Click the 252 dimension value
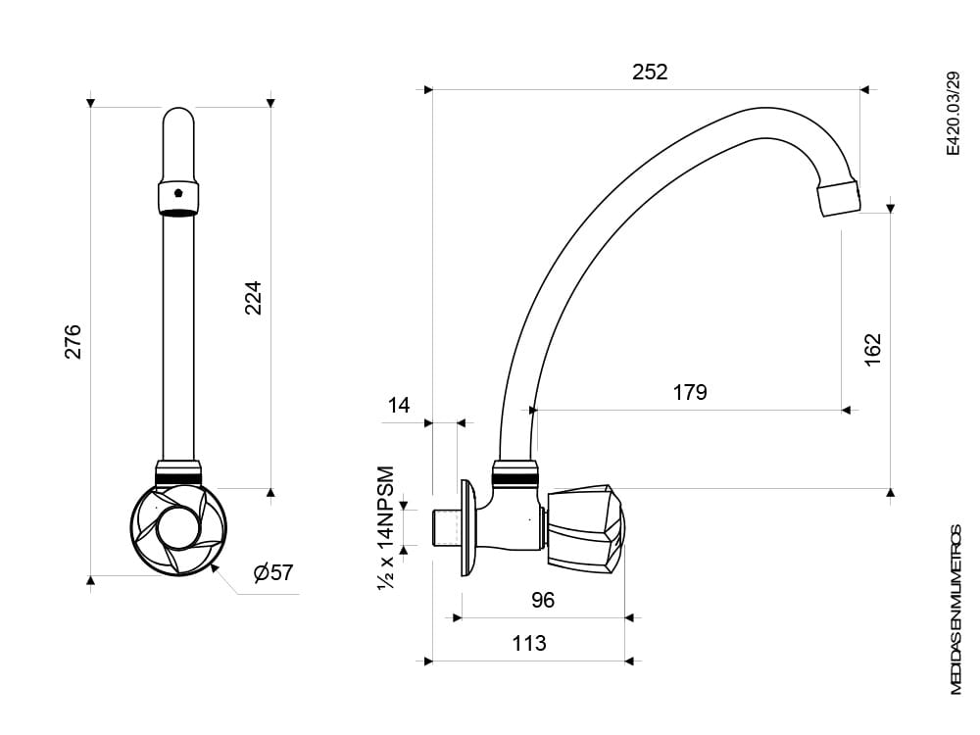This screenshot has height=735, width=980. [650, 72]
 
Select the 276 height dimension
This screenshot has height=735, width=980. [73, 341]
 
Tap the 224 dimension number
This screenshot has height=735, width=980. [253, 298]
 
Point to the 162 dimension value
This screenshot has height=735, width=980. [872, 350]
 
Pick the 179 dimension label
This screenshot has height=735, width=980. [689, 393]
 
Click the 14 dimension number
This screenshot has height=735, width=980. [398, 405]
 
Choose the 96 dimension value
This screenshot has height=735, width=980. [543, 600]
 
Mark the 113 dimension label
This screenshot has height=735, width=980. [529, 643]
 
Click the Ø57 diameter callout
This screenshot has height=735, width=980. [273, 572]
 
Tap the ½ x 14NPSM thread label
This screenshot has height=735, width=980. [386, 527]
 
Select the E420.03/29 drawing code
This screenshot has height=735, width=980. [953, 113]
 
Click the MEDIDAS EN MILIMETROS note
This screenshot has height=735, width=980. [956, 610]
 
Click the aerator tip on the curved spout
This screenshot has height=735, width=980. [839, 198]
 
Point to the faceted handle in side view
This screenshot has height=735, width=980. [586, 529]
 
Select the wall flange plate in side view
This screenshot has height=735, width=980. [469, 528]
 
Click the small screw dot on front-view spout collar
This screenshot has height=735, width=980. [178, 192]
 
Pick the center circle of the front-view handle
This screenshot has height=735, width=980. [178, 527]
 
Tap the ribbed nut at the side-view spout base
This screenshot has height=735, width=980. [515, 473]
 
